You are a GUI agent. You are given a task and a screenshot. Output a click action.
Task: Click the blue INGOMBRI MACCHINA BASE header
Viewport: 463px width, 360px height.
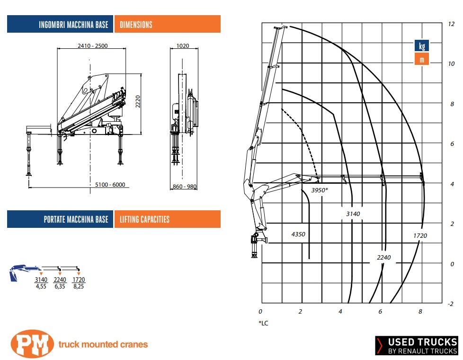pyautogui.click(x=60, y=24)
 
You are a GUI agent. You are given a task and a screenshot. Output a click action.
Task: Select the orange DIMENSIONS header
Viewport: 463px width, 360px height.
pyautogui.click(x=168, y=24)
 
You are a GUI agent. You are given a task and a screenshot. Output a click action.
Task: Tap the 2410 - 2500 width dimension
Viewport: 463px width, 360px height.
pyautogui.click(x=92, y=46)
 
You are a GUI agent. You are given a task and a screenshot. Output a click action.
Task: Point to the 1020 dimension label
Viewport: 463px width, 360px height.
pyautogui.click(x=182, y=46)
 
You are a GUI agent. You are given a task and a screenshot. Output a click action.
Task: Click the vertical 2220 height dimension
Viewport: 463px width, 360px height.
pyautogui.click(x=138, y=101)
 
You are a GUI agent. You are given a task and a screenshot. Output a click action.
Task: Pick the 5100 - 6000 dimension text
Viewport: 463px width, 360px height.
pyautogui.click(x=110, y=185)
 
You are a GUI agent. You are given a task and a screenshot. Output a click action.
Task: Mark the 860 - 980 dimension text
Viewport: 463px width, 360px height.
pyautogui.click(x=185, y=187)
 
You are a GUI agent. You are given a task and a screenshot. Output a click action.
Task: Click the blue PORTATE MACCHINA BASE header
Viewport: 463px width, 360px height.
pyautogui.click(x=60, y=219)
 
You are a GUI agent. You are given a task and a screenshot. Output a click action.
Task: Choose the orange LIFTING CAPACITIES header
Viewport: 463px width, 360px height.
pyautogui.click(x=168, y=219)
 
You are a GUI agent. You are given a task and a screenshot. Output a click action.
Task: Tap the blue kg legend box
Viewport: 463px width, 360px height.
pyautogui.click(x=422, y=46)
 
